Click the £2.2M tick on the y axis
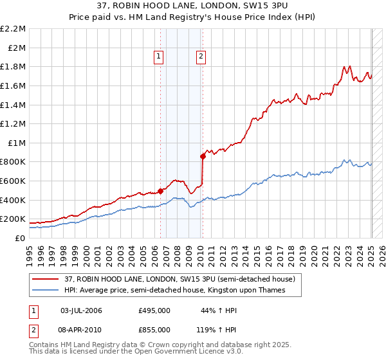click(13, 29)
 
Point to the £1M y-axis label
click(16, 143)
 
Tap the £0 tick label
click(19, 238)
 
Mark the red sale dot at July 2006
click(161, 190)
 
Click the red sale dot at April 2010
click(203, 156)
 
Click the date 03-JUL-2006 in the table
click(81, 310)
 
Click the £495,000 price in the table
click(154, 310)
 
